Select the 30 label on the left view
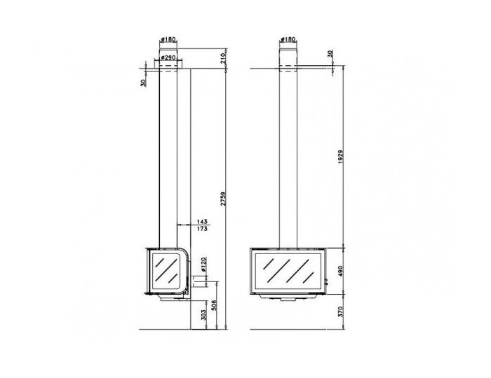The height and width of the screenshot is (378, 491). coord(143,82)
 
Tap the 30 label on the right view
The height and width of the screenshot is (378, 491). coord(330,54)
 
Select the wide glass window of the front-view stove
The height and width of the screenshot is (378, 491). coord(286,272)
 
